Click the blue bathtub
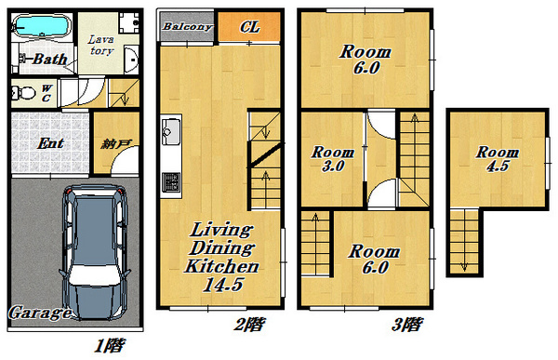(x=41, y=26)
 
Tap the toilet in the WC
(x=24, y=93)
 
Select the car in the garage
(x=95, y=252)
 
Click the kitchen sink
(x=171, y=131)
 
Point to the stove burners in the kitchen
(x=171, y=182)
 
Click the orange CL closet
(x=249, y=27)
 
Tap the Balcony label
(x=188, y=27)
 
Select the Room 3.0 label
(x=333, y=159)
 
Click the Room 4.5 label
(x=498, y=159)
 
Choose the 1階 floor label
(x=109, y=345)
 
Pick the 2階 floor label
(x=249, y=325)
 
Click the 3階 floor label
(x=407, y=325)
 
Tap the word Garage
(x=40, y=313)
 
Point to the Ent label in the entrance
(x=51, y=143)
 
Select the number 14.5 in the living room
(x=223, y=285)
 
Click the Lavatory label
(x=101, y=46)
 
